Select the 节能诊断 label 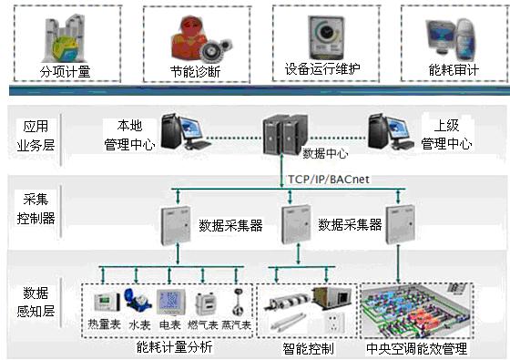(x=193, y=70)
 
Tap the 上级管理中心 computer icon (x=386, y=131)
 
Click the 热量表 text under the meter (x=104, y=324)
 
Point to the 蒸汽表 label (x=235, y=324)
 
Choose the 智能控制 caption (x=309, y=348)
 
